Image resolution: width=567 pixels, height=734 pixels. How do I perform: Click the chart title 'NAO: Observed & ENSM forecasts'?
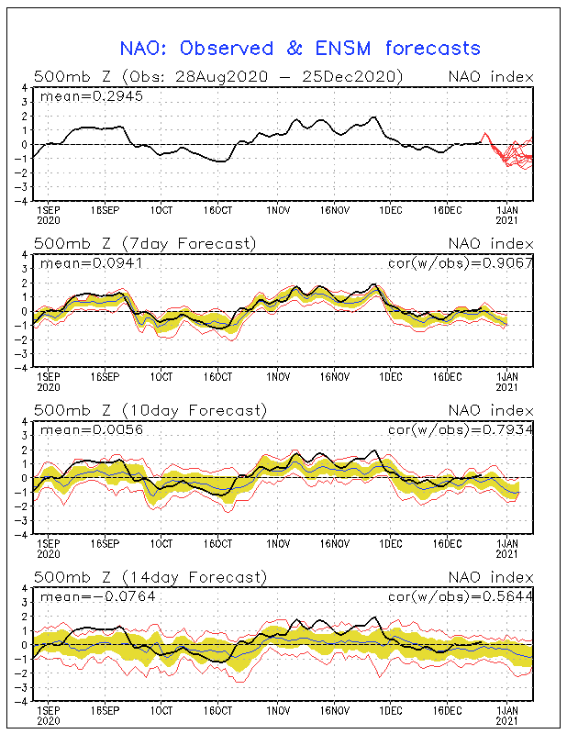click(x=300, y=48)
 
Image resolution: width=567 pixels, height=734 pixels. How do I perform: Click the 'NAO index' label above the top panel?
click(x=491, y=76)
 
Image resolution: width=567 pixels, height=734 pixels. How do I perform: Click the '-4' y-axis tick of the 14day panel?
click(x=23, y=700)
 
